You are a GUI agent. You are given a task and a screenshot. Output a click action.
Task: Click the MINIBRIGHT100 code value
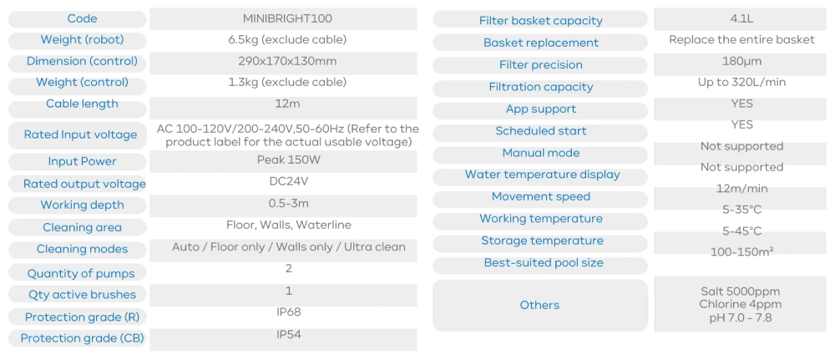click(287, 18)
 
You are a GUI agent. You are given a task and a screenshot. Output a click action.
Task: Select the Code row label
click(81, 18)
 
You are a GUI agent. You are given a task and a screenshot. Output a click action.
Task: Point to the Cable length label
click(82, 104)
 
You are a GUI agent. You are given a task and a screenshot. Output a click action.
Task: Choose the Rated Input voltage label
click(80, 134)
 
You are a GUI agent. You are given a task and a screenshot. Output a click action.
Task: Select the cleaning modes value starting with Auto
click(288, 247)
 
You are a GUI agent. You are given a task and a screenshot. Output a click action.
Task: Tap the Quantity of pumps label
click(81, 273)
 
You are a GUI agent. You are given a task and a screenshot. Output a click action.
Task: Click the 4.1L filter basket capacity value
click(741, 18)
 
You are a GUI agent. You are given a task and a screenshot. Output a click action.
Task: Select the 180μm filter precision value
click(741, 61)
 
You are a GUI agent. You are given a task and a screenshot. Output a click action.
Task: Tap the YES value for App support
click(741, 104)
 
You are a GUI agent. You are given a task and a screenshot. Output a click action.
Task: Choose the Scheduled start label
click(541, 131)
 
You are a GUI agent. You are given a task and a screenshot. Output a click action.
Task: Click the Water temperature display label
click(542, 175)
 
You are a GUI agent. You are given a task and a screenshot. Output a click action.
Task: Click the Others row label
click(539, 305)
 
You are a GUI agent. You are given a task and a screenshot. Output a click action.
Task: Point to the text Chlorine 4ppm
click(741, 304)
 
